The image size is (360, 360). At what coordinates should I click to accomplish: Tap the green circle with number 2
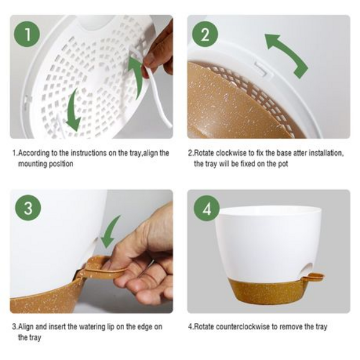pos(205,34)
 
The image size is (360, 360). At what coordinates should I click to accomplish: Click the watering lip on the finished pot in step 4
pos(313,277)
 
